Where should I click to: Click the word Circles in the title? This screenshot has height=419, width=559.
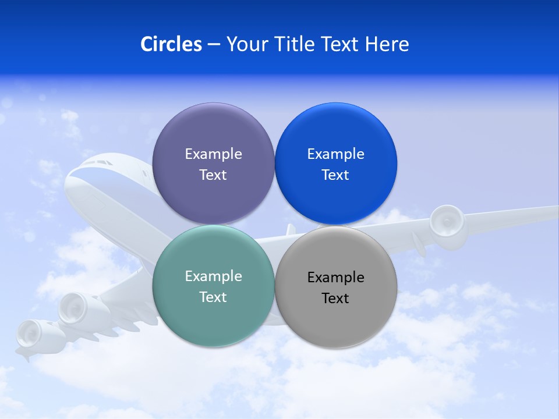[x=171, y=44]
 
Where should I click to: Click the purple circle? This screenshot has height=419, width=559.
[x=213, y=134]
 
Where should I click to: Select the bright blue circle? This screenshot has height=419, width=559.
[x=335, y=134]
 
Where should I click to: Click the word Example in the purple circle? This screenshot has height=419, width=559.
[x=213, y=154]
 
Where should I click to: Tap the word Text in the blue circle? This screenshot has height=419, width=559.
[x=335, y=175]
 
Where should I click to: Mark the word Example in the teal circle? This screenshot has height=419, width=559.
[x=213, y=276]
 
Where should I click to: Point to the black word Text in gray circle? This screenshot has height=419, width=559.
[x=335, y=299]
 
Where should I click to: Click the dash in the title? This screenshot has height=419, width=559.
[x=213, y=44]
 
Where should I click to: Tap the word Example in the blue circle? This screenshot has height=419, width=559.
[x=335, y=154]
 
